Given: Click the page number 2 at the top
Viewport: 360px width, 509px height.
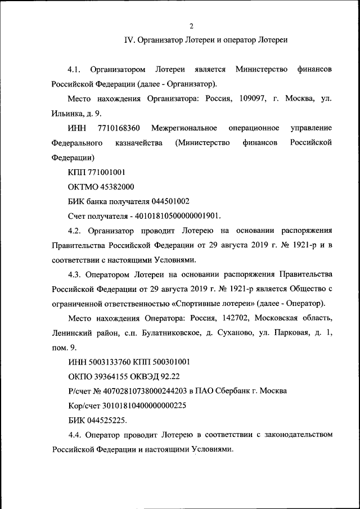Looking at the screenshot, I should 191,26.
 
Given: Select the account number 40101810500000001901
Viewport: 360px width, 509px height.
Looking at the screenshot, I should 181,216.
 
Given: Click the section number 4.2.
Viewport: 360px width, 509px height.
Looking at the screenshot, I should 74,231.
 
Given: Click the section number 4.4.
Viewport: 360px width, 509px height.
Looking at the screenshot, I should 74,435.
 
